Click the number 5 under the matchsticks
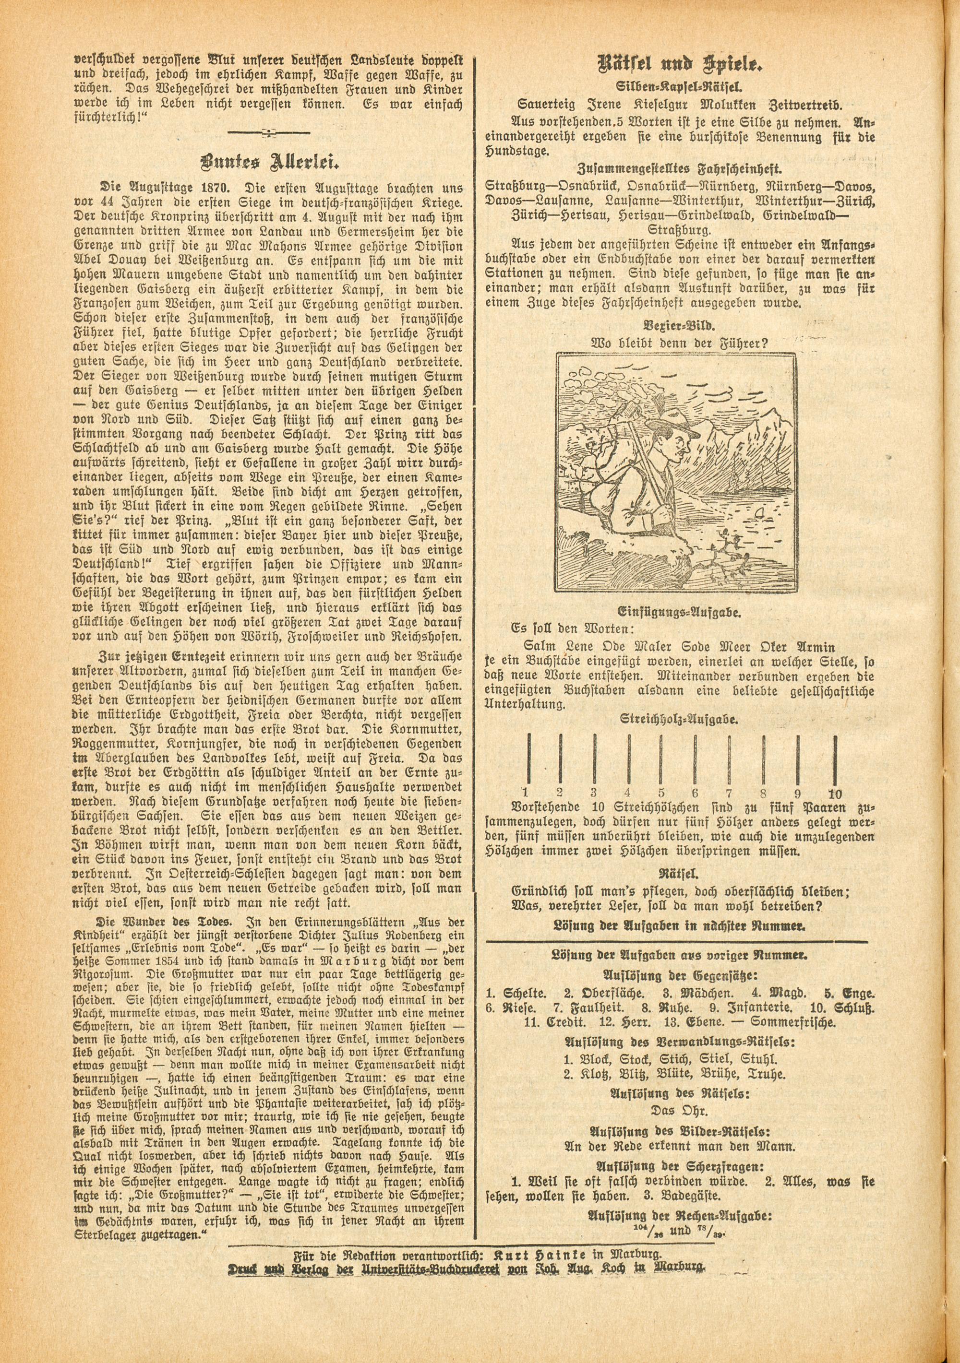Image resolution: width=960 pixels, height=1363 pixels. [x=662, y=793]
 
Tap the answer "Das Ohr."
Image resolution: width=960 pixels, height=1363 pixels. [x=679, y=1105]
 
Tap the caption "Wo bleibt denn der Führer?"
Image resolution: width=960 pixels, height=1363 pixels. [x=679, y=343]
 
